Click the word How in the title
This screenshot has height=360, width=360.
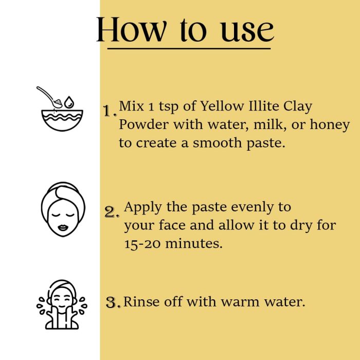(x=131, y=30)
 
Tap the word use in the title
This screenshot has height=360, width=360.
(x=247, y=31)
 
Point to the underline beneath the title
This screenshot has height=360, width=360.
(x=189, y=49)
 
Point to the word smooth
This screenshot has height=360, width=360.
(x=217, y=142)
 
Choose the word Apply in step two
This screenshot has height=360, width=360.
(x=143, y=208)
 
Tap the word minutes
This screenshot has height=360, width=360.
(x=194, y=243)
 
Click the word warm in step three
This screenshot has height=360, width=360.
(x=240, y=302)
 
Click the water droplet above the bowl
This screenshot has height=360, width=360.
(x=69, y=102)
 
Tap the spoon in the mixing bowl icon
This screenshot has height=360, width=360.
(x=49, y=97)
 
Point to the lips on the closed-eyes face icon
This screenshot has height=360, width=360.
(x=63, y=227)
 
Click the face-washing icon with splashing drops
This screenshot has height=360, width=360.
(x=62, y=304)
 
